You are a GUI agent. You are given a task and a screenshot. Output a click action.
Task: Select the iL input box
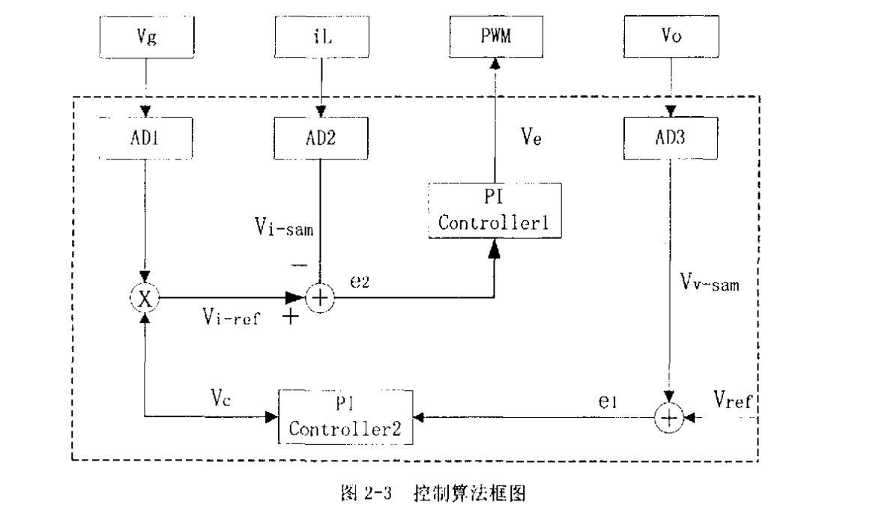click(x=320, y=35)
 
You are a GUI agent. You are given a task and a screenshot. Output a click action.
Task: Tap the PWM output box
click(x=495, y=35)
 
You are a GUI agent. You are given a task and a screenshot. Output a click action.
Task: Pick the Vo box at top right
click(x=671, y=35)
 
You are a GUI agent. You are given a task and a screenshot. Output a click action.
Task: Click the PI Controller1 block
click(x=495, y=211)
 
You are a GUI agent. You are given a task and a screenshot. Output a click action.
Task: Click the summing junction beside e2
click(x=320, y=297)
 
